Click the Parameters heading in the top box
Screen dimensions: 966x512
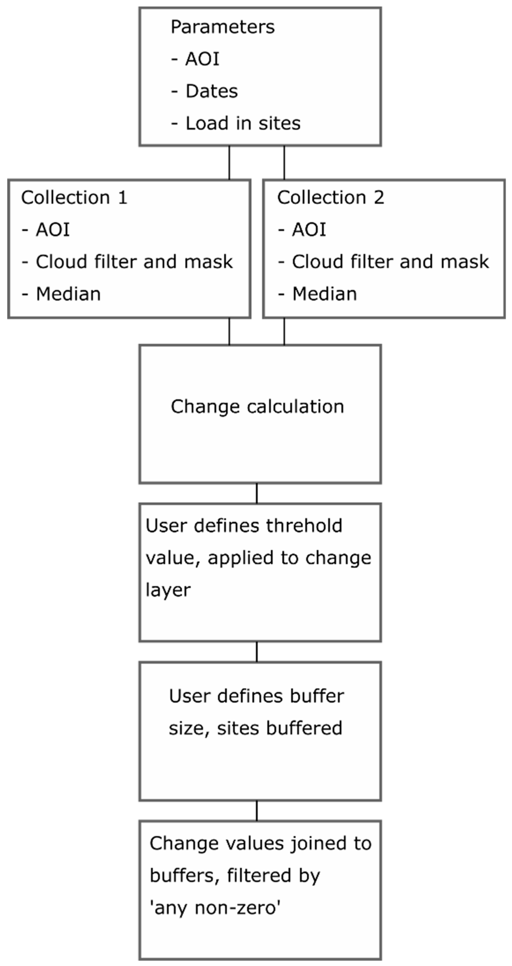click(223, 27)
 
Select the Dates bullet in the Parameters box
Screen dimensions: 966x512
click(211, 91)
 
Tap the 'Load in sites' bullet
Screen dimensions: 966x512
click(243, 123)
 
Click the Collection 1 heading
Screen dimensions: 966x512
click(74, 198)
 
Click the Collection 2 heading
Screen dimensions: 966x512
click(331, 198)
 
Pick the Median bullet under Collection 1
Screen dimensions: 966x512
click(68, 294)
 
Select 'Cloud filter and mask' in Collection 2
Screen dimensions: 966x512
click(390, 262)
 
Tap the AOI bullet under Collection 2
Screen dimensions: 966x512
click(309, 230)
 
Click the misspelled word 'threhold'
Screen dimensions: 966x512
click(304, 526)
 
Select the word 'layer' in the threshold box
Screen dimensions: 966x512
click(168, 590)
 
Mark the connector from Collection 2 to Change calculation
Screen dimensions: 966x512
click(284, 331)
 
